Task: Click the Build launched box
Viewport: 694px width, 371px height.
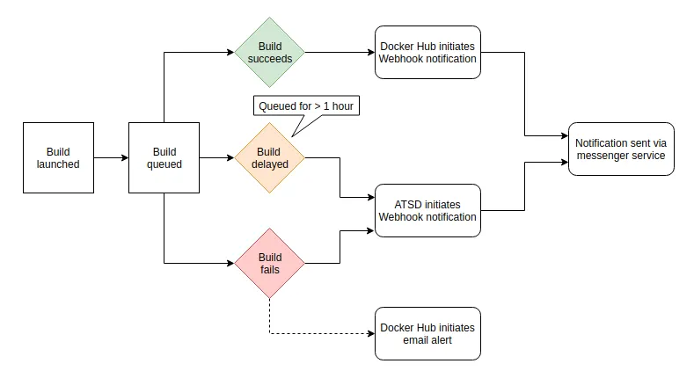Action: [x=58, y=158]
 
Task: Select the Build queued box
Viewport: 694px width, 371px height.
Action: [x=164, y=158]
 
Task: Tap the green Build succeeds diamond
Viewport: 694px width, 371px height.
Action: [x=269, y=53]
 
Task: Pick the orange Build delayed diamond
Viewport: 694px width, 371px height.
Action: [x=269, y=158]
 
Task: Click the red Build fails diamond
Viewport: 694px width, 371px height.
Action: [x=269, y=264]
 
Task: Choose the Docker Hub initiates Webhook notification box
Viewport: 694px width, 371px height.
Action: [x=427, y=53]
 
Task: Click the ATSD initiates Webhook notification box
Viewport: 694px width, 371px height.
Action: [x=427, y=211]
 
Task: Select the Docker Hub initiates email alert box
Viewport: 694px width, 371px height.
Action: [x=427, y=334]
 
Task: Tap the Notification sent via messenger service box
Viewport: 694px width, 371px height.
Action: [x=621, y=149]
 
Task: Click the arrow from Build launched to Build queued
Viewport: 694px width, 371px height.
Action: [x=111, y=158]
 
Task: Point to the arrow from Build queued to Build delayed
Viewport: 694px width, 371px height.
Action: [x=216, y=158]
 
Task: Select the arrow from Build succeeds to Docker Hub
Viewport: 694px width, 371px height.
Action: [x=339, y=53]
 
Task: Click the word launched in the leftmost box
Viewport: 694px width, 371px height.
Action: [x=58, y=164]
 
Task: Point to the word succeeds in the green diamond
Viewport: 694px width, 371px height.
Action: [x=269, y=59]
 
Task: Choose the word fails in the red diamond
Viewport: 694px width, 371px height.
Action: [x=269, y=270]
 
